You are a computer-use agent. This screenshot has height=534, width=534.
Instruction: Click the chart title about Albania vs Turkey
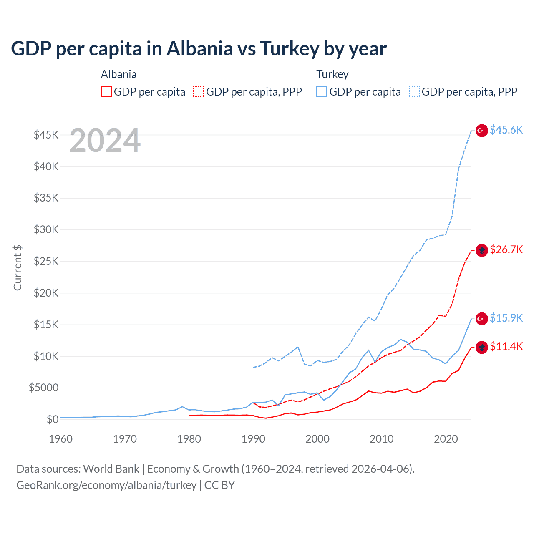(199, 49)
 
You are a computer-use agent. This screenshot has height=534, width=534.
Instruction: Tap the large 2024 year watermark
(105, 141)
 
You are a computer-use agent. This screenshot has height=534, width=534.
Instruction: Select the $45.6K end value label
(506, 130)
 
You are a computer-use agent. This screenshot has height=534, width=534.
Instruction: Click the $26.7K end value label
(506, 249)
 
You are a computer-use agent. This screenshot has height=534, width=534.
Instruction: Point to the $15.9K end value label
(506, 318)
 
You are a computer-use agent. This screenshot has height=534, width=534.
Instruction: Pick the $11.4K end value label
(506, 346)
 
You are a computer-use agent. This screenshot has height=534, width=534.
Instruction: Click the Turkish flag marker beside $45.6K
(482, 131)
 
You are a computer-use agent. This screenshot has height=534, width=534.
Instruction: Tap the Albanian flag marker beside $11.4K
(482, 347)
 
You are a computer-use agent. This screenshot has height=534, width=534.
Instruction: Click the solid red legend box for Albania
(106, 92)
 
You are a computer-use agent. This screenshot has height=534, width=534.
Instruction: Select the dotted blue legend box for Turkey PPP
(414, 92)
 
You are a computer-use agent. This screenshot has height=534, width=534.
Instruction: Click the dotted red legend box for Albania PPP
(199, 92)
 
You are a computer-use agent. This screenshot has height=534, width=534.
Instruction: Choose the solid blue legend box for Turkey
(322, 92)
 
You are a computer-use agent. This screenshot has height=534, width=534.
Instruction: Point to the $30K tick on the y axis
(46, 229)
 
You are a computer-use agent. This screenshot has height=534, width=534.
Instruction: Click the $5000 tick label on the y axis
(43, 388)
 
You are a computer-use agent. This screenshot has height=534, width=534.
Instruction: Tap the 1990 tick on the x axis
(253, 439)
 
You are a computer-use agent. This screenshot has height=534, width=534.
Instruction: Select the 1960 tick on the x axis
(61, 439)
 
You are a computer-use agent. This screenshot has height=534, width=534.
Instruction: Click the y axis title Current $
(18, 268)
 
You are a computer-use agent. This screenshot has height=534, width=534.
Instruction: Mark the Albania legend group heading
(118, 74)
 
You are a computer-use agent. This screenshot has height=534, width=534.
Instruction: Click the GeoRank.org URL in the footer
(106, 485)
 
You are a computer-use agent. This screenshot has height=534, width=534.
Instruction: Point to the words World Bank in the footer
(111, 469)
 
